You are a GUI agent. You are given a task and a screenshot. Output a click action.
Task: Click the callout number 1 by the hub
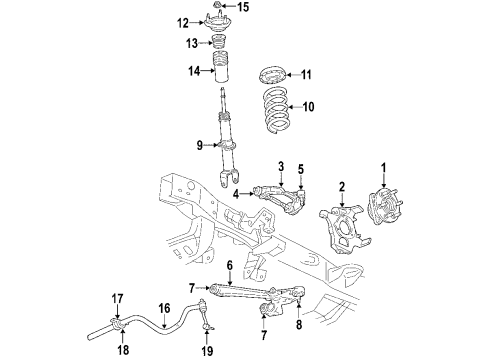(381, 167)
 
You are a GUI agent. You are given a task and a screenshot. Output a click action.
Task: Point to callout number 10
(308, 105)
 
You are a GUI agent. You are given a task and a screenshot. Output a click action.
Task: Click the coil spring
(276, 109)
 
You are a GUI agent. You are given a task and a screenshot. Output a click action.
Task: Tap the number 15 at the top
(244, 9)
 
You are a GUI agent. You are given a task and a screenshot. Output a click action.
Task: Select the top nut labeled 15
(217, 11)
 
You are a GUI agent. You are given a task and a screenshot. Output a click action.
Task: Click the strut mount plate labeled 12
(214, 24)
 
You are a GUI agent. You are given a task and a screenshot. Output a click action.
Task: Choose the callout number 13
(181, 45)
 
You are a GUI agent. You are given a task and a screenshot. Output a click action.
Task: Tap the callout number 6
(229, 266)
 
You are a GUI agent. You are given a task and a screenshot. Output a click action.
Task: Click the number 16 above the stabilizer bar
(166, 310)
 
